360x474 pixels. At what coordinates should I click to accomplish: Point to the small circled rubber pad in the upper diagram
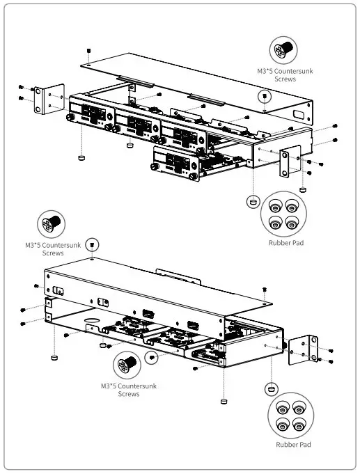(253, 200)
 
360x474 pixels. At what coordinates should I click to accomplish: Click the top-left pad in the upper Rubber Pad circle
(276, 207)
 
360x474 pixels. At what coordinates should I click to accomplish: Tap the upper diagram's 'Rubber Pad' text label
(286, 244)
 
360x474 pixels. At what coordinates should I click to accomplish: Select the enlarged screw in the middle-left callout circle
(53, 225)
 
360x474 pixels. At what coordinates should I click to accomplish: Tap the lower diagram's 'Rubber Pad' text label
(292, 444)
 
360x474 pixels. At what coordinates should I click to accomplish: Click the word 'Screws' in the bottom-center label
(129, 394)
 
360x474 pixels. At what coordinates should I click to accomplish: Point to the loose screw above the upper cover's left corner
(89, 52)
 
